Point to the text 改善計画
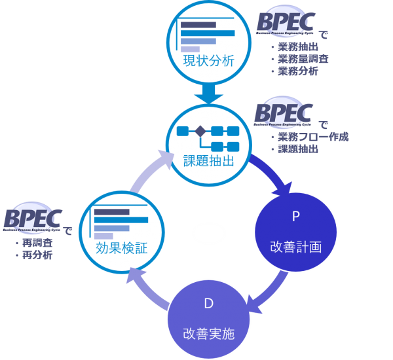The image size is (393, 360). coord(296,246)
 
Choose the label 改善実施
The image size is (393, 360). coord(209,334)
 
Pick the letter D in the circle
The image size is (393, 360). coord(209,304)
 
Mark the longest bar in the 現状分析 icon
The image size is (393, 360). coord(207,33)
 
